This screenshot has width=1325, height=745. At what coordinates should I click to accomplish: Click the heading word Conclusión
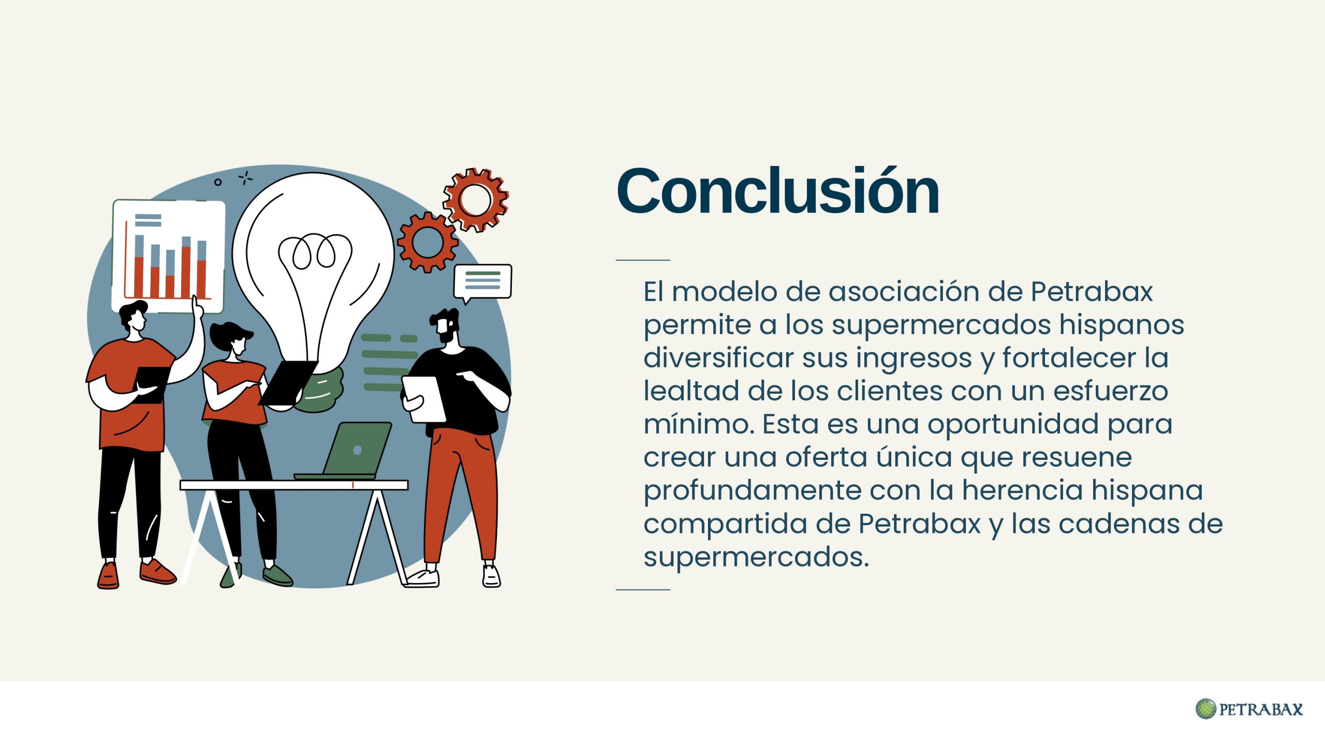point(777,191)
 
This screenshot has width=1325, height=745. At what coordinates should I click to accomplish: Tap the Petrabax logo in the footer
point(1249,709)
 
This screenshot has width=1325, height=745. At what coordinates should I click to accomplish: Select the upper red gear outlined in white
point(476,199)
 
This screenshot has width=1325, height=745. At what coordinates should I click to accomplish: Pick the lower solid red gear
point(428,242)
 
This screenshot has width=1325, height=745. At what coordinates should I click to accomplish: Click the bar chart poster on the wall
point(169,257)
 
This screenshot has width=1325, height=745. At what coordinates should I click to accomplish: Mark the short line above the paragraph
point(643,260)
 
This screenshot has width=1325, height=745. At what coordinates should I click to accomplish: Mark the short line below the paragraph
point(643,589)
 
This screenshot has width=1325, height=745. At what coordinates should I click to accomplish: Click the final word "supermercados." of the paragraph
point(756,558)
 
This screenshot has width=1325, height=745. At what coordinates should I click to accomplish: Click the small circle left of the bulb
point(218,182)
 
